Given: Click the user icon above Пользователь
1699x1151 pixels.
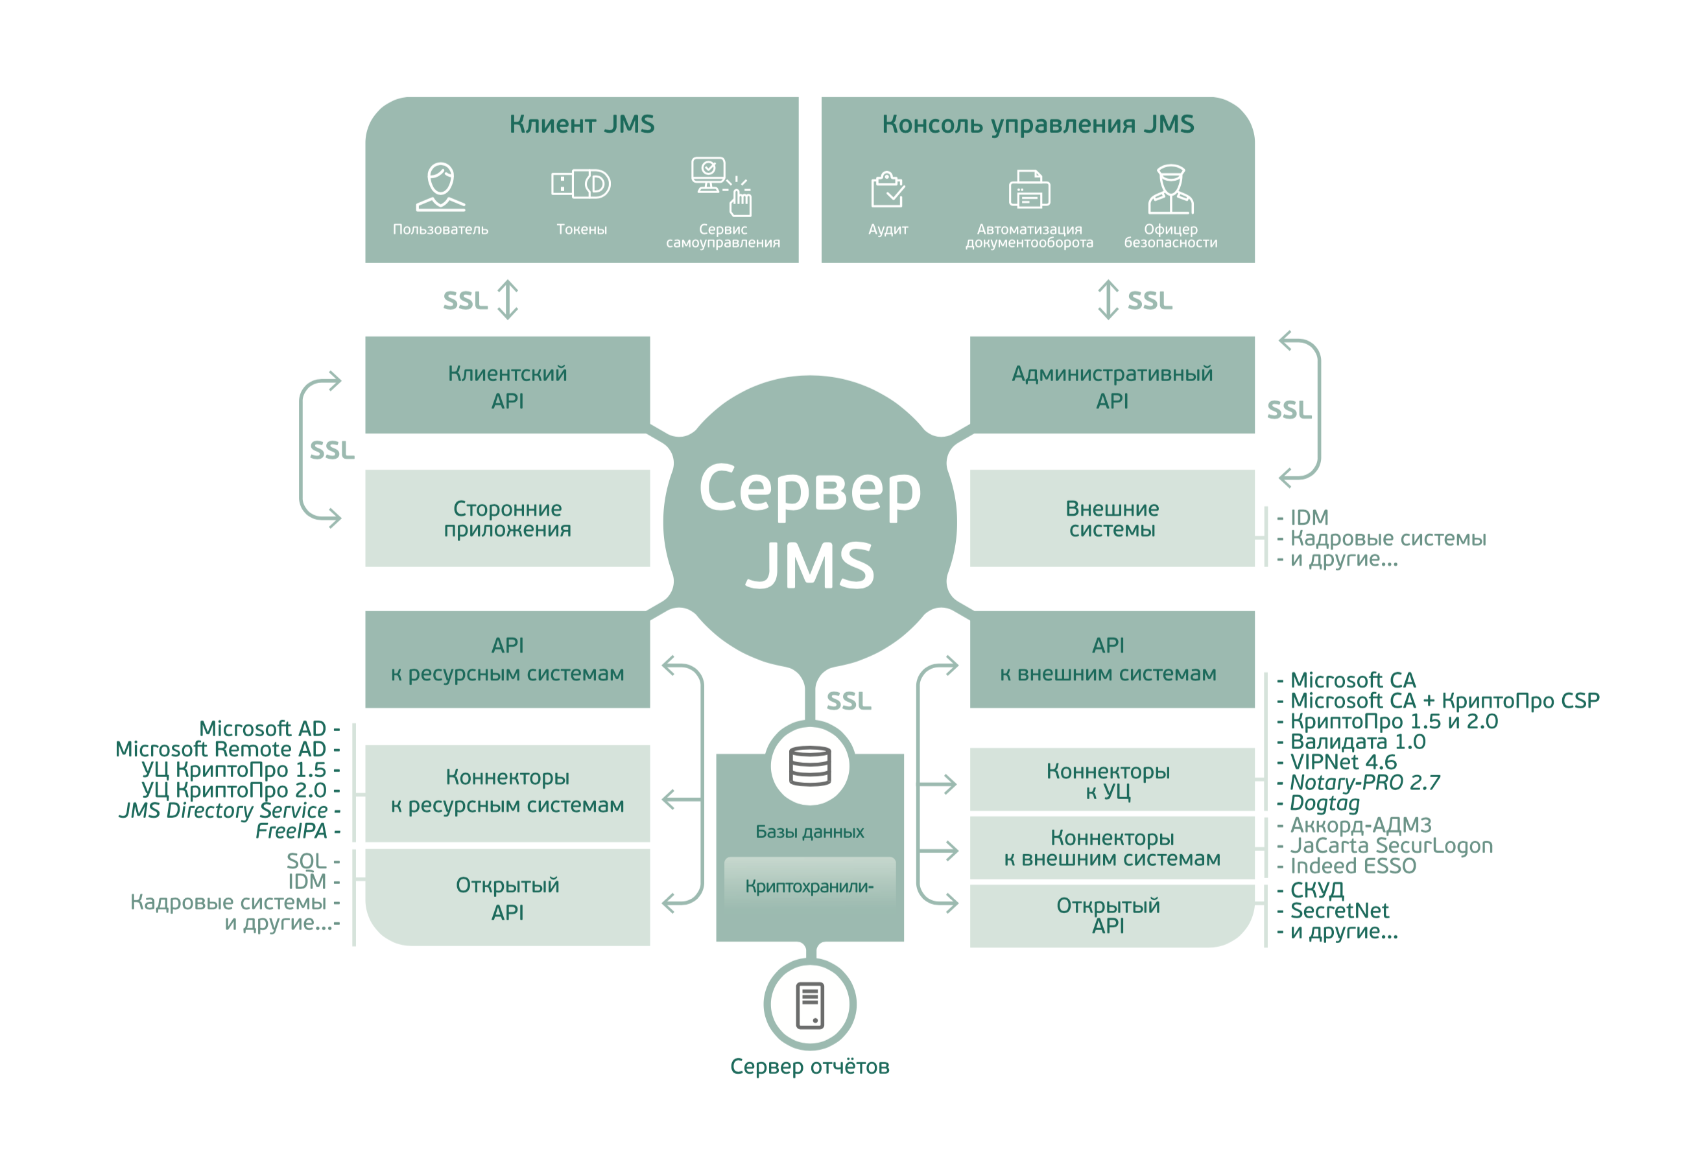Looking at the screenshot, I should [440, 187].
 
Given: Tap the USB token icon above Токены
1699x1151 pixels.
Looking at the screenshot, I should [580, 183].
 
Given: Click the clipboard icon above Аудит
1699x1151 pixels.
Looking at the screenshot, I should [888, 189].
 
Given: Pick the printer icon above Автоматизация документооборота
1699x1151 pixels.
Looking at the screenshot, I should [1028, 189].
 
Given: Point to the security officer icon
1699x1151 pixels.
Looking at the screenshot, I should [1170, 189].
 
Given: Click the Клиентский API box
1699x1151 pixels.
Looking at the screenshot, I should [507, 385].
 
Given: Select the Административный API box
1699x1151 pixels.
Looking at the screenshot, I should [1111, 385].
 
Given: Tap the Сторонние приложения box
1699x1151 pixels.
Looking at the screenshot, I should [507, 518].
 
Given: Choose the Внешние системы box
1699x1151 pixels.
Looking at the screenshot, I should [1111, 518].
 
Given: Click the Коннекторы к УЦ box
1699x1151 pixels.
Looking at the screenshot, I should [1108, 780].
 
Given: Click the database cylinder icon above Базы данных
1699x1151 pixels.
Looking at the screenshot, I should [809, 765].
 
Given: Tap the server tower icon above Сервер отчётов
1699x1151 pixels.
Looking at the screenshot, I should [809, 1004].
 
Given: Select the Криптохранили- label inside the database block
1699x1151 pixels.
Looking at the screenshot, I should [809, 886].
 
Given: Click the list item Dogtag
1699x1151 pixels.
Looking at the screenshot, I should [1324, 802].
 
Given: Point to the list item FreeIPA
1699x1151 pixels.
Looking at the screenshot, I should [291, 830].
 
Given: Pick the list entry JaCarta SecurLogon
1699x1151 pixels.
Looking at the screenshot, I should [1390, 845].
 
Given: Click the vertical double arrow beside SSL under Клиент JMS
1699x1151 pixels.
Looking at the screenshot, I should [507, 299].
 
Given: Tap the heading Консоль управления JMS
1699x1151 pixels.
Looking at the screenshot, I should [1038, 124].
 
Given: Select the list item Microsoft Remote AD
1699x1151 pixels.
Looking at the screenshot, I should [220, 749].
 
